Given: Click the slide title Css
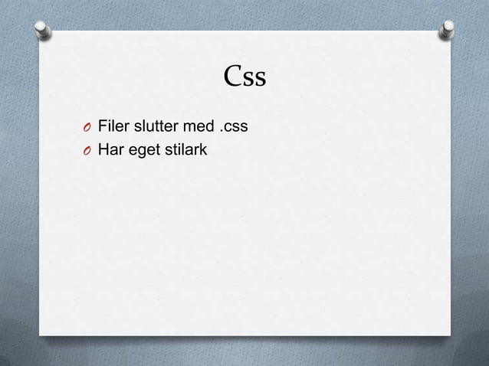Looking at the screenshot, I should [x=244, y=77].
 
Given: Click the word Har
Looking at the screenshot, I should [x=110, y=149].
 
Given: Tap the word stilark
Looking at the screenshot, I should [x=185, y=149].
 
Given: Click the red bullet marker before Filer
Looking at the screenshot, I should [x=88, y=126].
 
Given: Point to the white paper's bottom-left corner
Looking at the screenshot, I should [x=41, y=335].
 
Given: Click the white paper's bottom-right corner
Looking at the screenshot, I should [x=450, y=335].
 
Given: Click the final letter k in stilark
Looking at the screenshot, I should [x=204, y=149].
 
